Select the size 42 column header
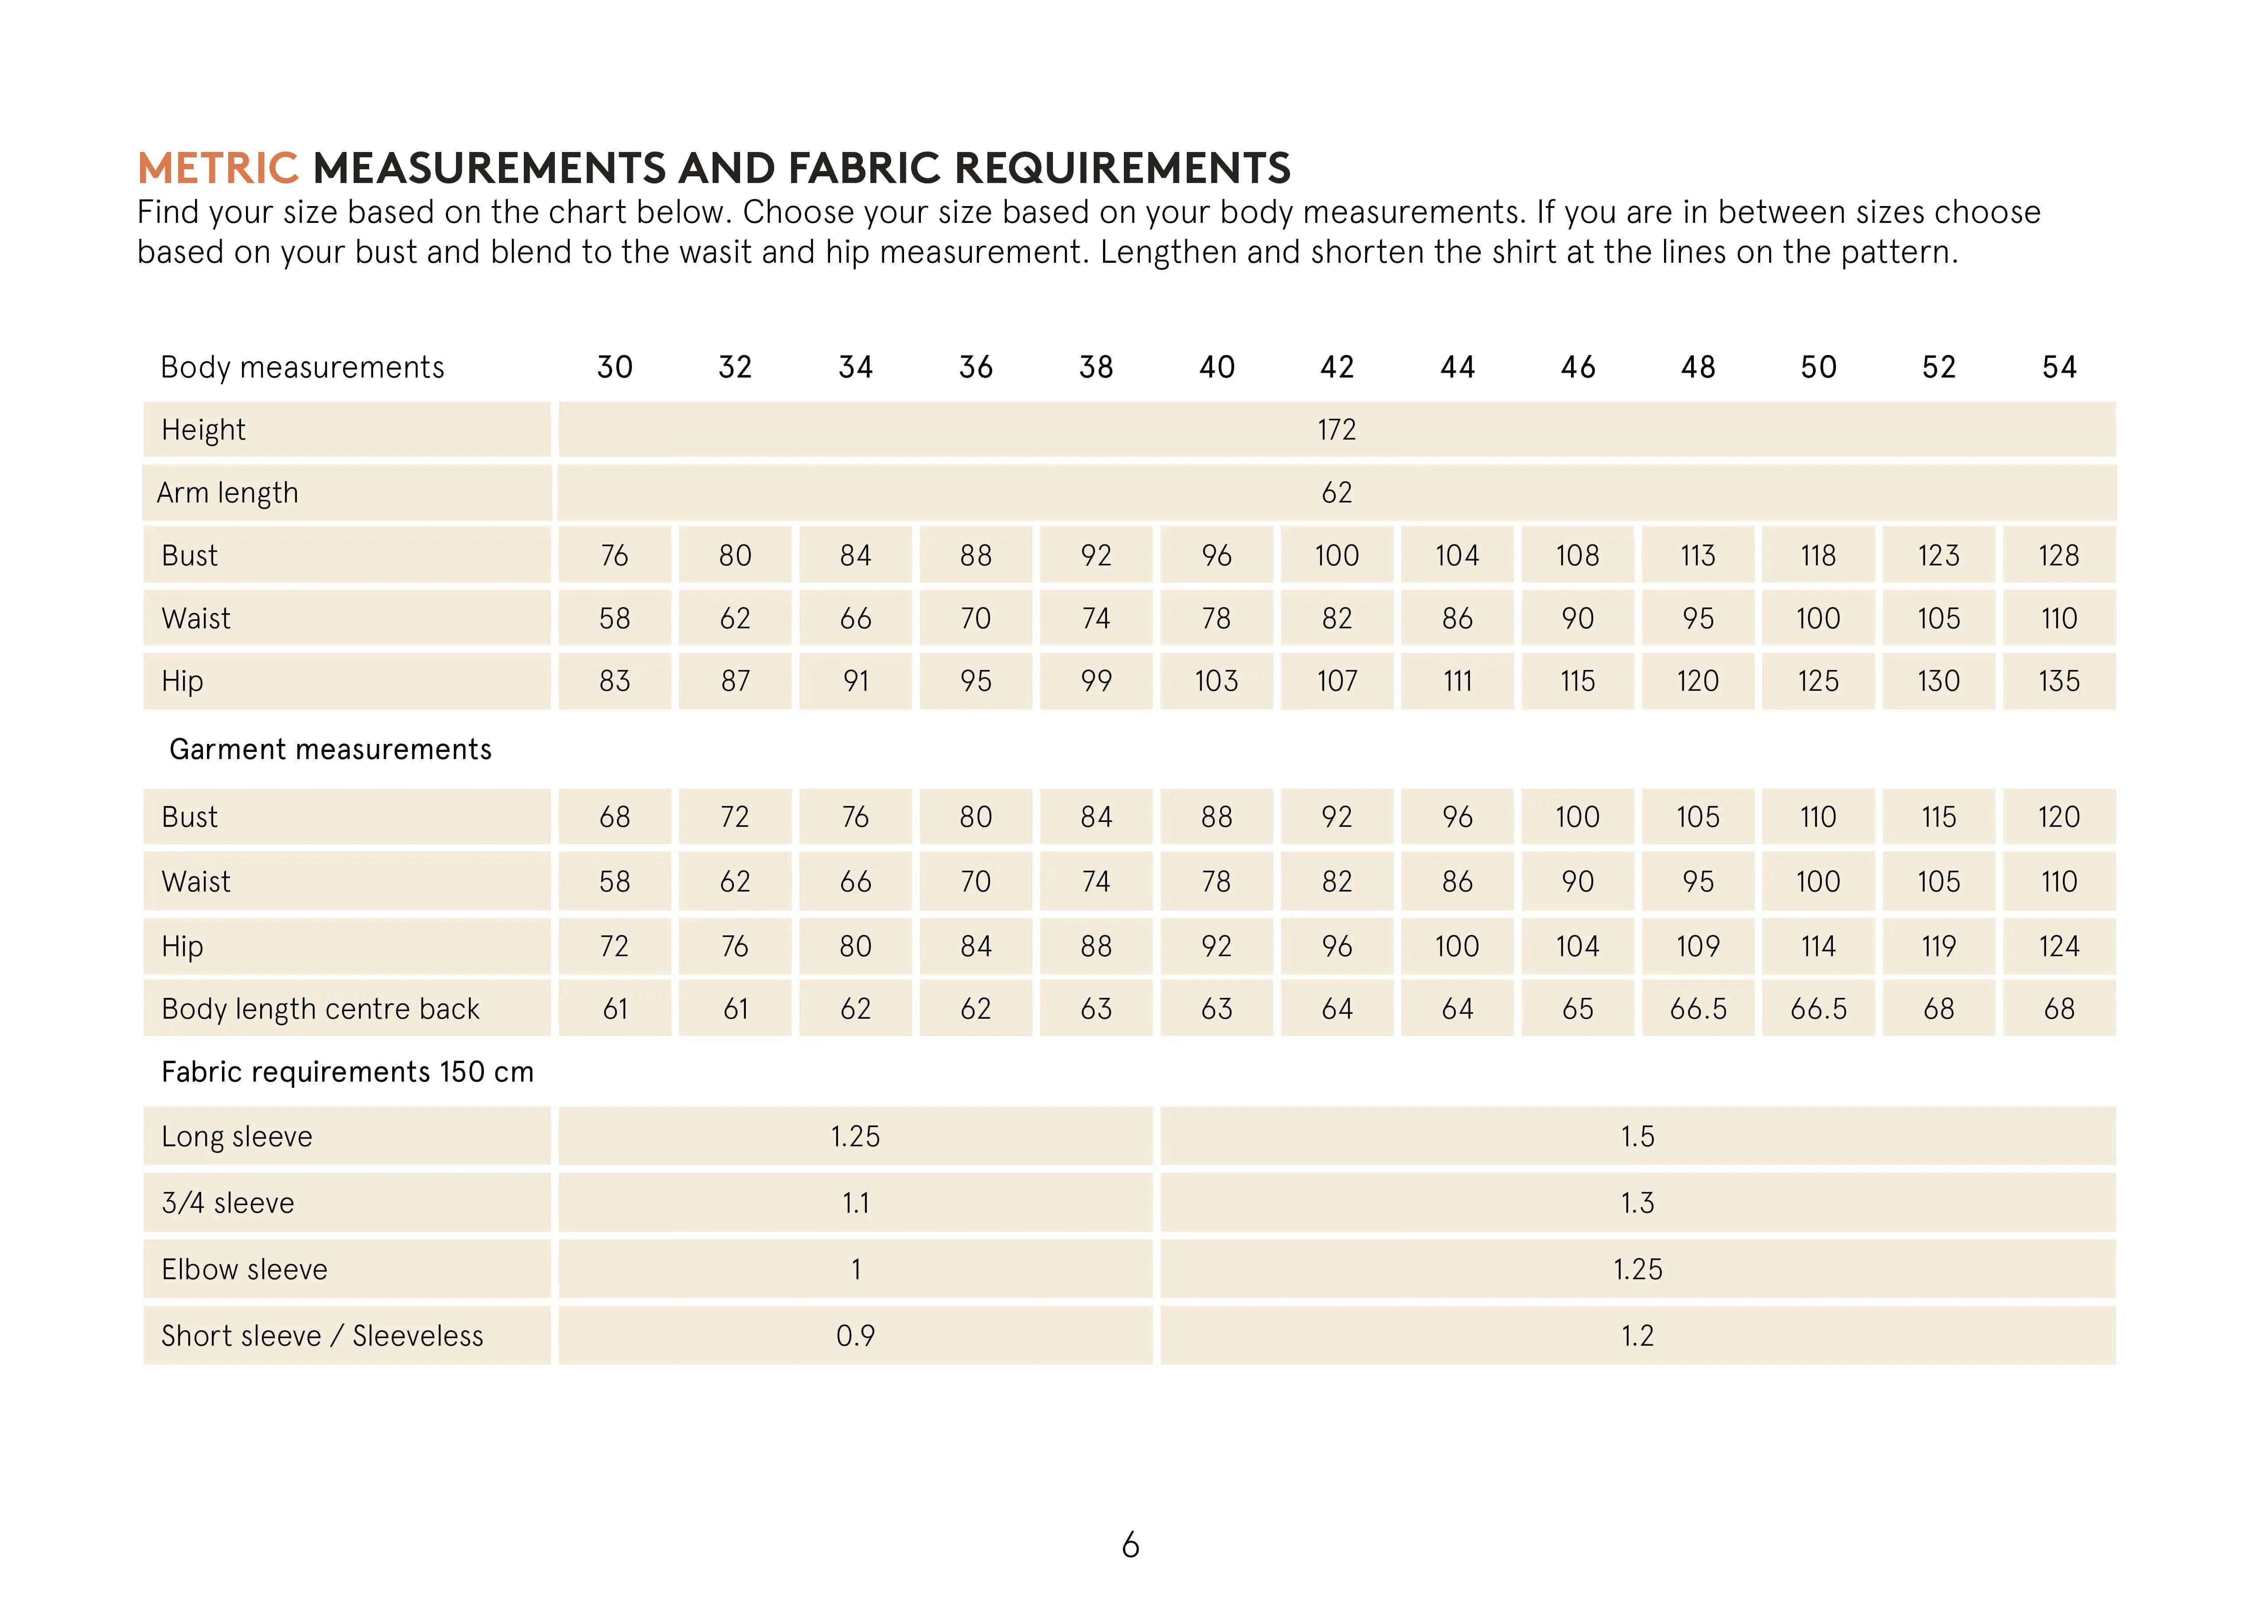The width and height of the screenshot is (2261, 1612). point(1337,367)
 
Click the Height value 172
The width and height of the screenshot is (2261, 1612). point(1337,430)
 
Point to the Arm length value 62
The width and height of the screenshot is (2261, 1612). point(1337,492)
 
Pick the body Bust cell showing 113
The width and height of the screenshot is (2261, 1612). point(1698,556)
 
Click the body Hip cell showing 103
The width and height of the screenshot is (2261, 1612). point(1217,681)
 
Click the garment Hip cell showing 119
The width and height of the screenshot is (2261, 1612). point(1938,946)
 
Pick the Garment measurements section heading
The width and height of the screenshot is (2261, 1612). point(331,749)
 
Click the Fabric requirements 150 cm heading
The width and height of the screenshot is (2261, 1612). point(347,1072)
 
